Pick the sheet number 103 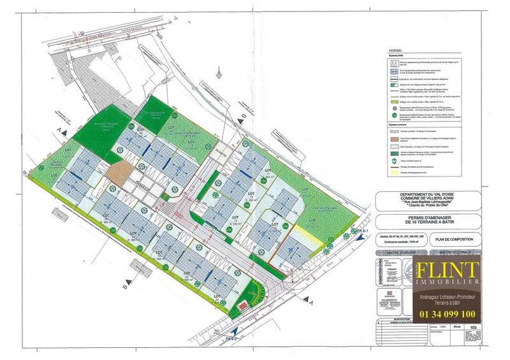(472, 329)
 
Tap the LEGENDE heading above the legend (397, 50)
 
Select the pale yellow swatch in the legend (394, 172)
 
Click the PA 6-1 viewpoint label (363, 230)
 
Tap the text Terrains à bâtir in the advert (448, 303)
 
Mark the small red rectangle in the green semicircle (242, 304)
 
